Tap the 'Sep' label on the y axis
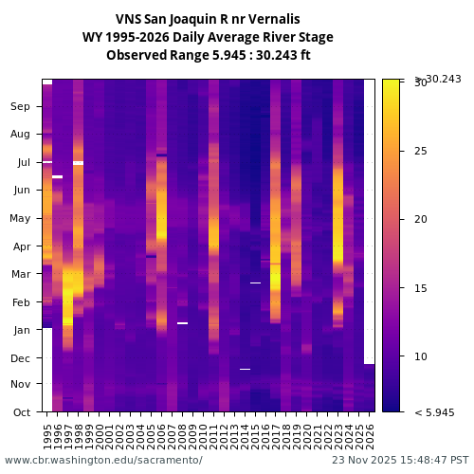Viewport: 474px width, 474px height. coord(21,107)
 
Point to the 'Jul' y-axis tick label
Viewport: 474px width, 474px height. coord(23,163)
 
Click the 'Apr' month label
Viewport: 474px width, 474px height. coord(21,246)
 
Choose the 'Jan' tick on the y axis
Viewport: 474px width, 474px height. coord(22,330)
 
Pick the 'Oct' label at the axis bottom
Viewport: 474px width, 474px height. coord(21,412)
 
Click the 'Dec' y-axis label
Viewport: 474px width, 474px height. coord(21,358)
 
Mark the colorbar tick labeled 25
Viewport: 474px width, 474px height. coord(421,151)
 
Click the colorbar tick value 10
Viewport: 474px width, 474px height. coord(421,356)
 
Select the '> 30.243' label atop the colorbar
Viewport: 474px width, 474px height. coord(438,79)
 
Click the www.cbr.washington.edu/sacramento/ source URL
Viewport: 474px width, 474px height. coord(103,460)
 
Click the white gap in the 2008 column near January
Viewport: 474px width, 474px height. coord(182,323)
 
